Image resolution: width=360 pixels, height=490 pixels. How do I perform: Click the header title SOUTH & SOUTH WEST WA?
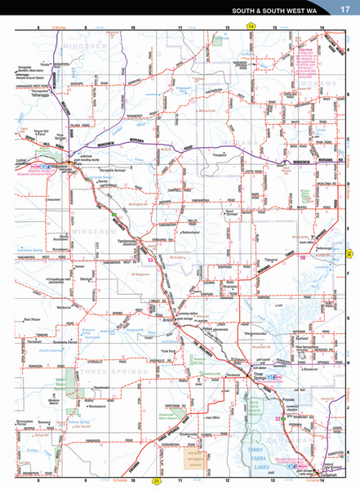coord(278,11)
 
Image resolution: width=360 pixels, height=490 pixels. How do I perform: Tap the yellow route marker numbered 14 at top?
coord(251,27)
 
